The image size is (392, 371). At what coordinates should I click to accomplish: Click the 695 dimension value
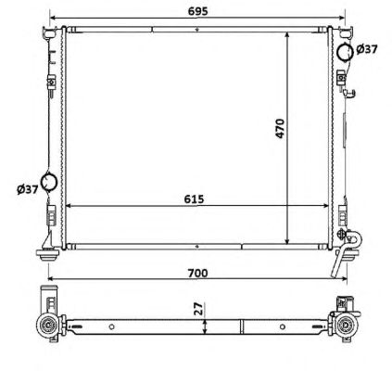(x=198, y=11)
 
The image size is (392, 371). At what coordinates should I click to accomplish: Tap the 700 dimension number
(x=197, y=273)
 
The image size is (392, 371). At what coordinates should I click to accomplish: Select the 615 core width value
(x=194, y=199)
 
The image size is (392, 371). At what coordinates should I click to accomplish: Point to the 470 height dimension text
(x=280, y=128)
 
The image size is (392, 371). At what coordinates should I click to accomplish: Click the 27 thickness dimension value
(x=199, y=309)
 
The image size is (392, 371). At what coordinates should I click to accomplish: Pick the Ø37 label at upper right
(x=367, y=49)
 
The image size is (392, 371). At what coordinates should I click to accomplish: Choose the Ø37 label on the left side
(x=28, y=189)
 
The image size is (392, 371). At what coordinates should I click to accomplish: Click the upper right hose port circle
(x=345, y=52)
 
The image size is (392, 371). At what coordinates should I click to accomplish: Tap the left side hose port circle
(x=49, y=181)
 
